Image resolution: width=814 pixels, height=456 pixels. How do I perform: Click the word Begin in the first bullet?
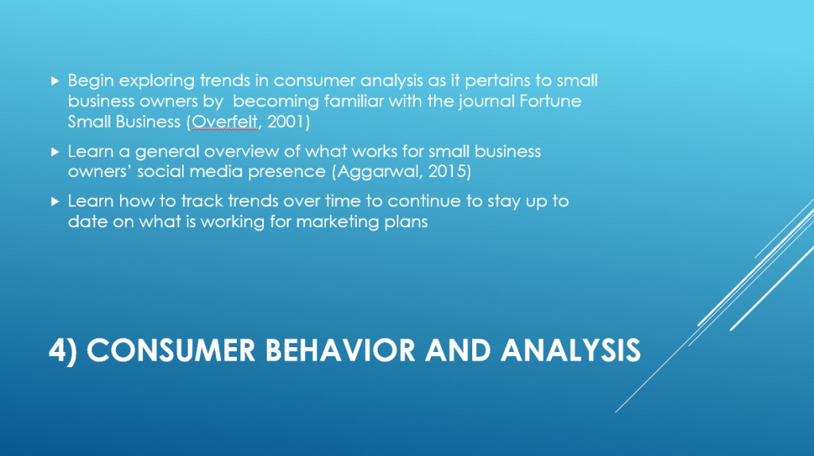(x=91, y=82)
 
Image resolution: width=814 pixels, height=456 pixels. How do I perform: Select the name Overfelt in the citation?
(x=224, y=122)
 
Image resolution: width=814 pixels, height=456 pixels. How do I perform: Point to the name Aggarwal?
(x=378, y=171)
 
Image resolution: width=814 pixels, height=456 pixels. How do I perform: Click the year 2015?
(x=447, y=171)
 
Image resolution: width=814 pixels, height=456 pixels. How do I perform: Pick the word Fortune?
(x=550, y=101)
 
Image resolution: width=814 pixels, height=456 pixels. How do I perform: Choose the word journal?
(x=487, y=102)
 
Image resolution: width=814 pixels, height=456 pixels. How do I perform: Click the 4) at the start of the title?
(x=63, y=350)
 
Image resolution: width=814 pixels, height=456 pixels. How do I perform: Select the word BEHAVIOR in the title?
(x=340, y=350)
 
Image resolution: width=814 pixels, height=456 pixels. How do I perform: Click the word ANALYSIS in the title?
(x=571, y=350)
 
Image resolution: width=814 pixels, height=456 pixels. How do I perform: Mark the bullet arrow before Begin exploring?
(x=55, y=81)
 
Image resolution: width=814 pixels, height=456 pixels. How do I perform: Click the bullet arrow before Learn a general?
(x=55, y=152)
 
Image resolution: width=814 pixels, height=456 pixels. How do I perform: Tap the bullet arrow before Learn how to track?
(x=55, y=201)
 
